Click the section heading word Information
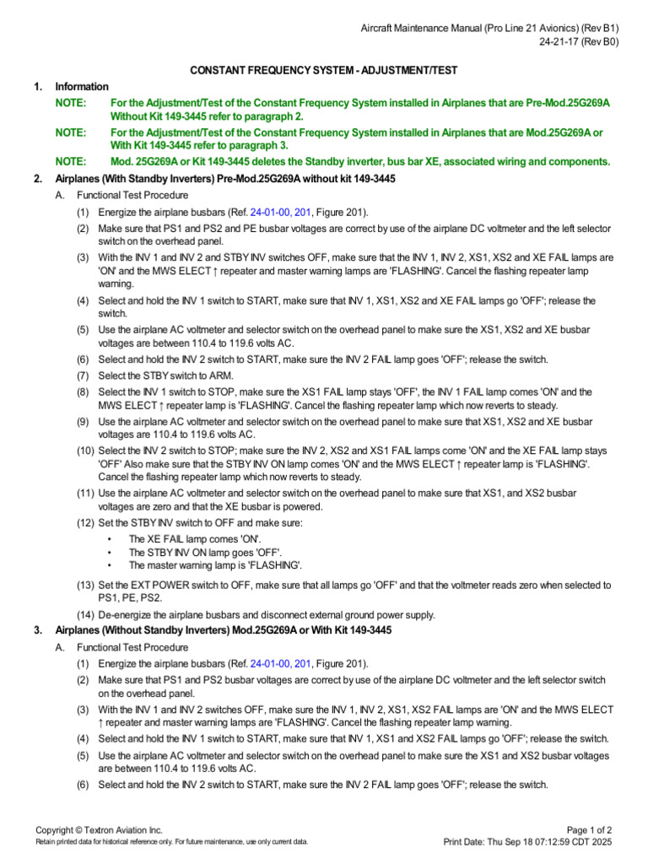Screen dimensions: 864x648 click(x=82, y=86)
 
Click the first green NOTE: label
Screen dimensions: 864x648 click(x=71, y=102)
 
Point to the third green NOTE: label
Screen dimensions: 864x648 click(x=71, y=161)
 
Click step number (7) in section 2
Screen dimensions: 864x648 click(x=84, y=375)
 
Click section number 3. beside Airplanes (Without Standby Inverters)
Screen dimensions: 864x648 click(x=38, y=630)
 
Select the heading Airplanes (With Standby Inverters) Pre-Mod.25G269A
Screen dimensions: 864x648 click(x=225, y=179)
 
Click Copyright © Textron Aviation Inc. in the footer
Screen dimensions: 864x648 click(x=99, y=830)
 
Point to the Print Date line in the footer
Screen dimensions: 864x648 click(x=528, y=842)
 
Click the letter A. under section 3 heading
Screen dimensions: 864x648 click(x=59, y=647)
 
